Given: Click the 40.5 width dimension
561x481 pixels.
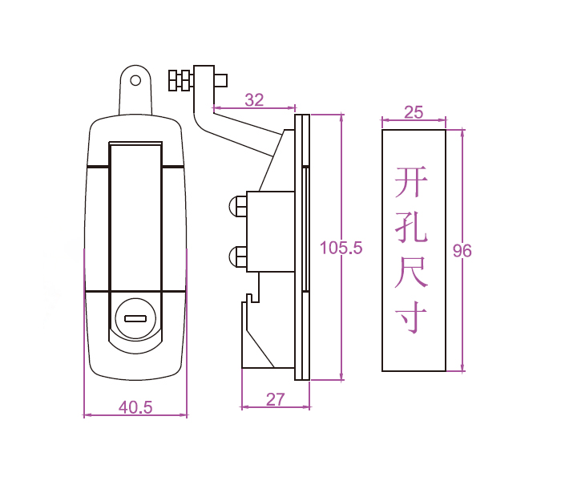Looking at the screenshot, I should pyautogui.click(x=135, y=406).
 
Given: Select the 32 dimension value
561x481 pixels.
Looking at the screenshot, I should pyautogui.click(x=253, y=100).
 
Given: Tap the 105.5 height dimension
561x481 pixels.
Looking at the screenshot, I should pyautogui.click(x=341, y=248).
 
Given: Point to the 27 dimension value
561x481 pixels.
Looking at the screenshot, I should pyautogui.click(x=275, y=399).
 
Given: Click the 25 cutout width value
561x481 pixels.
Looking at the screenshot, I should pyautogui.click(x=414, y=112).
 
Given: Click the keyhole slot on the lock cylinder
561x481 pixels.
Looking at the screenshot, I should pyautogui.click(x=135, y=318).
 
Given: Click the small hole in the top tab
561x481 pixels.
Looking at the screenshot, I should pyautogui.click(x=135, y=80).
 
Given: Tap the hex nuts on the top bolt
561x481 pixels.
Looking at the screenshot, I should pyautogui.click(x=180, y=80).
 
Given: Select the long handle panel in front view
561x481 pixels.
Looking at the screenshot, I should pyautogui.click(x=135, y=216).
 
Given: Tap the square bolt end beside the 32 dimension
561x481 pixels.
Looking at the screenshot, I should pyautogui.click(x=221, y=80).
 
